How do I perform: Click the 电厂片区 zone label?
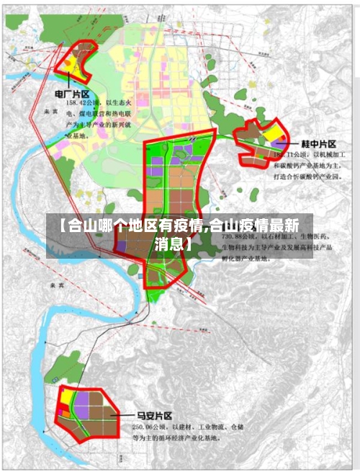coord(72,94)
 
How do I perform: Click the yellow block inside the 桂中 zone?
coord(272,133)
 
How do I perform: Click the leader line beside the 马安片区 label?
coord(125,417)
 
